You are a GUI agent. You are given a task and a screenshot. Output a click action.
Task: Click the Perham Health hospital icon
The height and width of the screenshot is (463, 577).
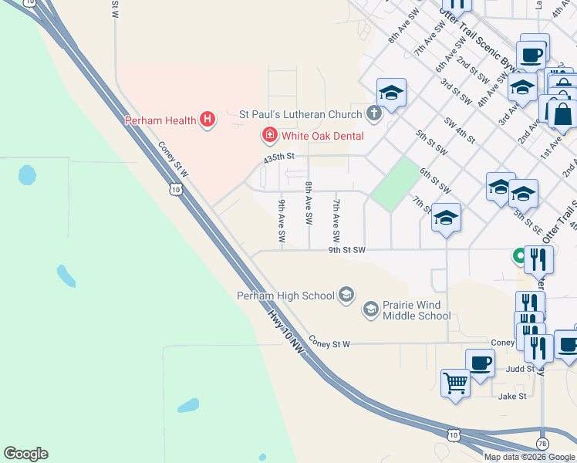pos(207,120)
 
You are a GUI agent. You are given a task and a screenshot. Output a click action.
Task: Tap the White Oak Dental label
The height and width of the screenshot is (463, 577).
pos(322,136)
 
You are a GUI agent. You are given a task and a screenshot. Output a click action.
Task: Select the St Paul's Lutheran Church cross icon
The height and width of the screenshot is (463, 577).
pos(373,114)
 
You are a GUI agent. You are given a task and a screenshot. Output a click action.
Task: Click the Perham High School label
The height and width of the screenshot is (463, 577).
pos(285,296)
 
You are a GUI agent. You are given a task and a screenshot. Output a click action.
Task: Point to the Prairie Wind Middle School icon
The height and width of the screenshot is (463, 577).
pos(371,310)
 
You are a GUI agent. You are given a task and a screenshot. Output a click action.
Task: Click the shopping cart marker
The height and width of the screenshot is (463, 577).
pos(455,381)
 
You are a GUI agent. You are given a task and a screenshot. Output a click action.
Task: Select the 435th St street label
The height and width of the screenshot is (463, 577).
pos(279,157)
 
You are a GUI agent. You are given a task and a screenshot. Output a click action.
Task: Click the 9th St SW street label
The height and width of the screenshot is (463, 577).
pos(346,250)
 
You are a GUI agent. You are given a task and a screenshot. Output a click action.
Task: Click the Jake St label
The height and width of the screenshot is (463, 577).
pos(512,396)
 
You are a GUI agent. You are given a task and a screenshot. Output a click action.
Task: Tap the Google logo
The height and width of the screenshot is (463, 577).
pos(25,454)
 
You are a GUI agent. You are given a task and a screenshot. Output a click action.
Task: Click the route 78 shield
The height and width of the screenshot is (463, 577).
pos(542,444)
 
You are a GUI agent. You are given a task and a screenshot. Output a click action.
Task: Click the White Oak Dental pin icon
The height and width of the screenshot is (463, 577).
pos(269,136)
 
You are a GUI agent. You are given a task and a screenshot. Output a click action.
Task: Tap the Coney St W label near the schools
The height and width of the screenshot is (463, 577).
pos(329,342)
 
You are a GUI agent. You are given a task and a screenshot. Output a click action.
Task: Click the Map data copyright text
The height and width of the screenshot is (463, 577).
pos(530,457)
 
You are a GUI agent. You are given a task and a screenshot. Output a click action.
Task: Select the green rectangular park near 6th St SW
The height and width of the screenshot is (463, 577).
pos(394,184)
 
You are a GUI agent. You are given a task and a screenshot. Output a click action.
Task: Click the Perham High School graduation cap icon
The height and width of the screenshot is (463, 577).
pos(346,294)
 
